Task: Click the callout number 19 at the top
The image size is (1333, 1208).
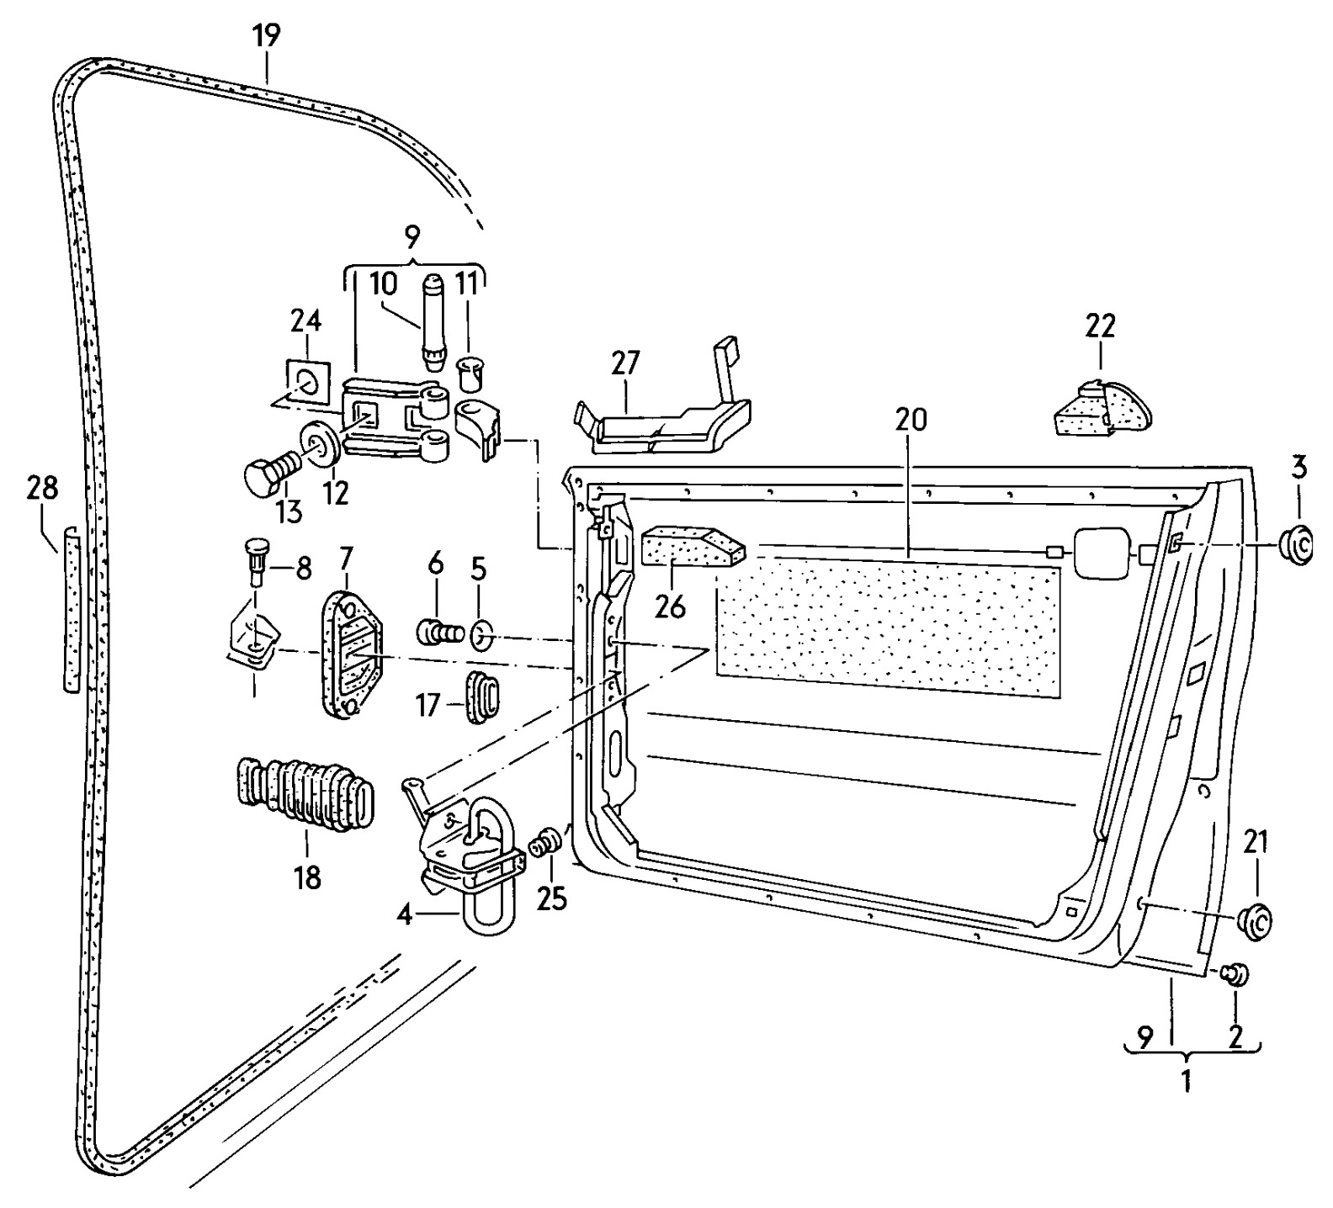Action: click(x=267, y=36)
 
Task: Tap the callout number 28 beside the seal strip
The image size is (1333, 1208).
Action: click(x=43, y=488)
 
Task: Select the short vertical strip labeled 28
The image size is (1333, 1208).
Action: click(x=72, y=609)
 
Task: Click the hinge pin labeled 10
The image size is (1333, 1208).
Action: click(x=433, y=321)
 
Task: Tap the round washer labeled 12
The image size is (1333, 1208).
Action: click(x=321, y=443)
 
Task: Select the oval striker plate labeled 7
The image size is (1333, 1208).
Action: click(x=349, y=655)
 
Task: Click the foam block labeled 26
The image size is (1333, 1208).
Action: click(x=693, y=548)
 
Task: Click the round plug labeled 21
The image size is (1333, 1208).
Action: click(x=1256, y=921)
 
